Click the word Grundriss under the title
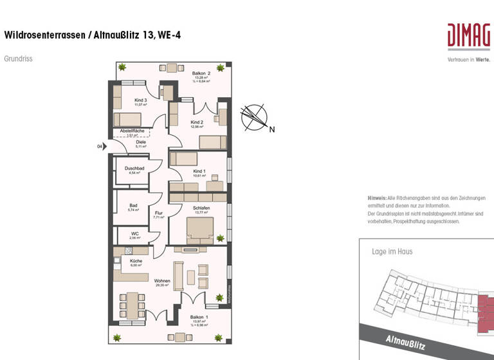tap(18, 59)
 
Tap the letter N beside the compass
tap(272, 129)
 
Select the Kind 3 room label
tap(140, 101)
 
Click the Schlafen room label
tap(201, 208)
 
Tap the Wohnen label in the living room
tap(162, 281)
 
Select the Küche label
tap(136, 261)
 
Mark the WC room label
tap(135, 233)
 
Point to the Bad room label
tap(133, 206)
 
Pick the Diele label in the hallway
tap(141, 143)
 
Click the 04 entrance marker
tap(100, 147)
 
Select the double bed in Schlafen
tap(200, 230)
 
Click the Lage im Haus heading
tap(392, 251)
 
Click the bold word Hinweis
tap(377, 197)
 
